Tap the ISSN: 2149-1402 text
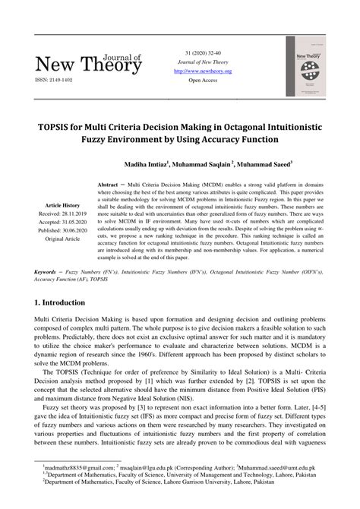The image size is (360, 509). [50, 78]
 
